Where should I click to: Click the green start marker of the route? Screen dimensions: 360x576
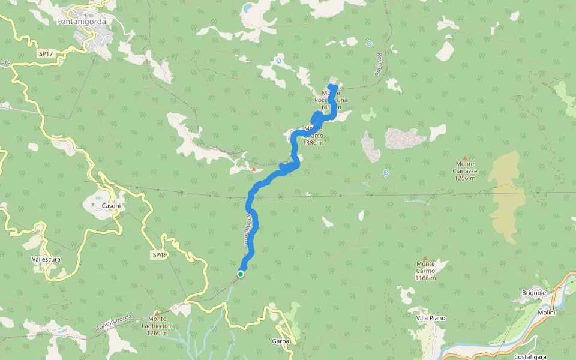click(x=241, y=274)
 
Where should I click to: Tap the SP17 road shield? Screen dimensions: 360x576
click(x=46, y=54)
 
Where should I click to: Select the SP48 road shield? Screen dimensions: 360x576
click(x=159, y=255)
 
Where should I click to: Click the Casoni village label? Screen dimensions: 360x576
click(x=111, y=206)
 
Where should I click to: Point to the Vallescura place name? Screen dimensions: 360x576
click(x=47, y=260)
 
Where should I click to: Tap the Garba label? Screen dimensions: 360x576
click(x=281, y=341)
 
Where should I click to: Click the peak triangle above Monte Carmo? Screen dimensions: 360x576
click(x=425, y=257)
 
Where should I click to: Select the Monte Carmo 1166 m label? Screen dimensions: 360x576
click(x=425, y=271)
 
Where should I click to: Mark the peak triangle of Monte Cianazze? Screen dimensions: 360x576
click(x=464, y=158)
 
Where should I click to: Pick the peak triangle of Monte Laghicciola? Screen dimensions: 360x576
click(x=157, y=313)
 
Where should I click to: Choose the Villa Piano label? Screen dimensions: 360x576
click(x=430, y=317)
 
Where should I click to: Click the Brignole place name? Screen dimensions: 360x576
click(x=534, y=293)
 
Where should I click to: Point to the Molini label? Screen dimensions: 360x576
click(x=547, y=312)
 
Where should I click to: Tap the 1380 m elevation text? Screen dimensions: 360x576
click(x=314, y=143)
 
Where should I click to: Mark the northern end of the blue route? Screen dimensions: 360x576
click(x=334, y=88)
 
